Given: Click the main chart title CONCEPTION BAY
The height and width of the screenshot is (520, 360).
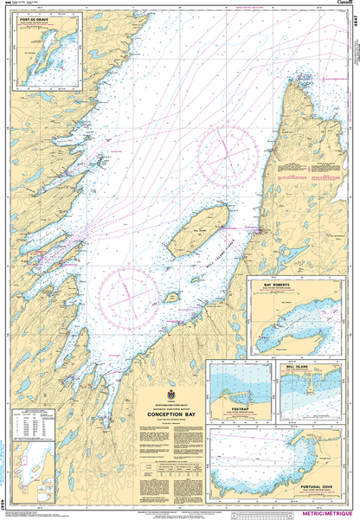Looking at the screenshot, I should point(177,413).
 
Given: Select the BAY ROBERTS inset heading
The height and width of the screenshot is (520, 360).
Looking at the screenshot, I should point(267,282).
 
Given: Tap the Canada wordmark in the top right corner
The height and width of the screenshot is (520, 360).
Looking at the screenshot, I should point(343,4).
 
